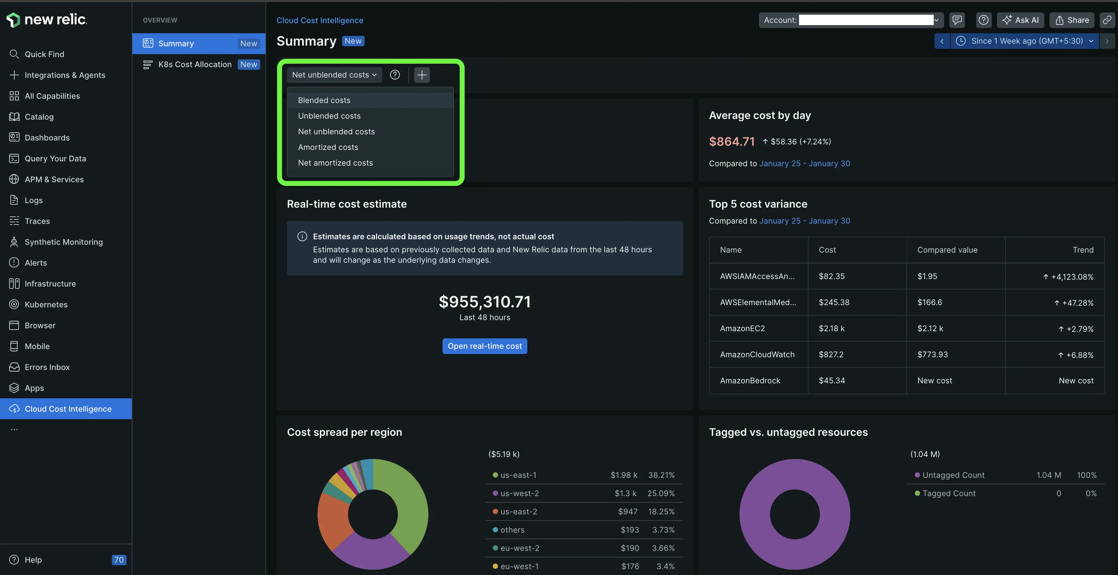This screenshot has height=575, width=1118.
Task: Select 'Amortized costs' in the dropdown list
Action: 328,147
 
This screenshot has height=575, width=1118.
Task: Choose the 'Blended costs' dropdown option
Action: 324,100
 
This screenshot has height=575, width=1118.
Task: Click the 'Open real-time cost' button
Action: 484,346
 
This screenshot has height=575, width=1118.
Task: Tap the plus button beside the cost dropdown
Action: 421,75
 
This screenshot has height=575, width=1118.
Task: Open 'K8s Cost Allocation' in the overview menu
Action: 195,64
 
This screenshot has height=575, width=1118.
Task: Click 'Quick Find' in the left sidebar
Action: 44,54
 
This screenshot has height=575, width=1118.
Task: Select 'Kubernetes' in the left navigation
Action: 46,304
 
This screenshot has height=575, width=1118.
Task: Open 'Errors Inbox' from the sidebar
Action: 47,367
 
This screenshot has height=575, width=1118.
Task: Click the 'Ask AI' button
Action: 1020,20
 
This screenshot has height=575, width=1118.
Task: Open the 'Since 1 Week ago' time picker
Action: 1026,41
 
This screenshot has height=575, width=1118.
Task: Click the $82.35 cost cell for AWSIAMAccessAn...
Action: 832,276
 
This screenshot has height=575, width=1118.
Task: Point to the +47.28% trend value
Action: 1077,303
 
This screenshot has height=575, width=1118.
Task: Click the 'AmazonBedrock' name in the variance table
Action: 750,380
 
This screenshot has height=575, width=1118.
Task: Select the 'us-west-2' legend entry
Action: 520,493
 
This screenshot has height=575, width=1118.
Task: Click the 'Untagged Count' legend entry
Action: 953,475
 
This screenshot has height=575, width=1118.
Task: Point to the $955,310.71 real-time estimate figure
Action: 484,302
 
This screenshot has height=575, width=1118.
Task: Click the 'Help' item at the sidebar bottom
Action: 33,559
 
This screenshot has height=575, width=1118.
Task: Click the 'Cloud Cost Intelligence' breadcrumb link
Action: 320,21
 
